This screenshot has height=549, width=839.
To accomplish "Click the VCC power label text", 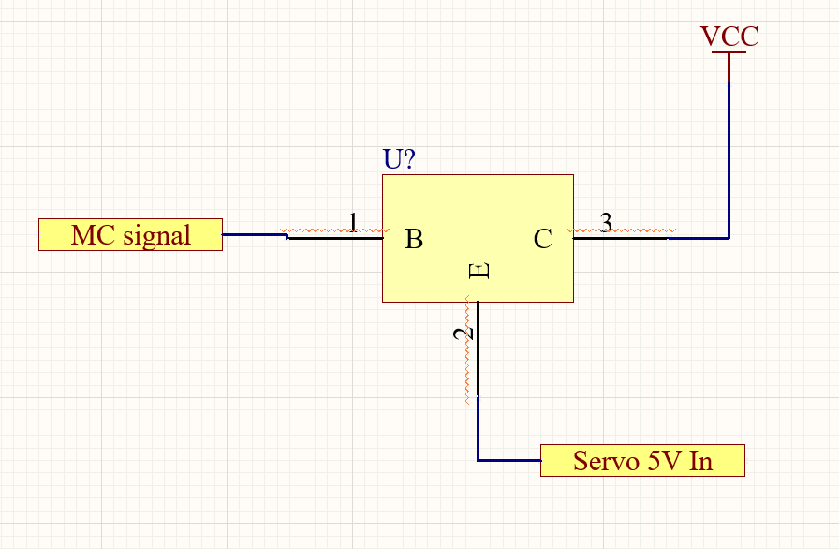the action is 729,37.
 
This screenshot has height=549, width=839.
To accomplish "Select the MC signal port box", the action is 130,234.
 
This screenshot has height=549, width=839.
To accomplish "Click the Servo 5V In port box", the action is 642,460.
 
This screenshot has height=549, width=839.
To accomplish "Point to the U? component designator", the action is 399,159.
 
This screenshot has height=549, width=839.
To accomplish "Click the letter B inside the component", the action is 414,239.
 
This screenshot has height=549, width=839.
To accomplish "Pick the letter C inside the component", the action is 542,239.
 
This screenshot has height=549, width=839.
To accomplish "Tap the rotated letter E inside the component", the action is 478,271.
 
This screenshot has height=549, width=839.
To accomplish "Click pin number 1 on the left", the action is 353,222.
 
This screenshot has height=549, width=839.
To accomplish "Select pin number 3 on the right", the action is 606,222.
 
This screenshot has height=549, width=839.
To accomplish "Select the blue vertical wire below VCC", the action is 729,160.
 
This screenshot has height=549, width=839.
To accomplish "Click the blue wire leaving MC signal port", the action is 256,234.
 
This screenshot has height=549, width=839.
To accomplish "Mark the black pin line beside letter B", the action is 335,238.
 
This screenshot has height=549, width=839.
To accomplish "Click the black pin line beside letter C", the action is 621,238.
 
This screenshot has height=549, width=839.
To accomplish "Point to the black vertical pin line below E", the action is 478,349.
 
